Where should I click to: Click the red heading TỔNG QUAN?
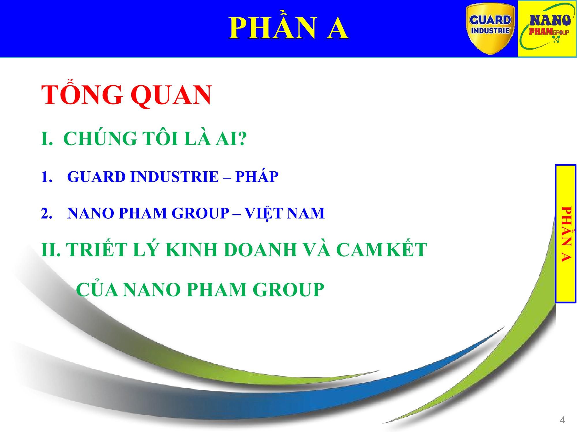(x=126, y=95)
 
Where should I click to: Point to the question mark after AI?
(x=242, y=139)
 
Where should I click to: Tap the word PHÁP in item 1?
(x=257, y=177)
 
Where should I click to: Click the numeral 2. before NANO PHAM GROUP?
(x=46, y=213)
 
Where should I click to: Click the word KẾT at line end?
(x=406, y=249)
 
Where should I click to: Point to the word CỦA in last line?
(x=97, y=289)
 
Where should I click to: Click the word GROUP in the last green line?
(x=288, y=289)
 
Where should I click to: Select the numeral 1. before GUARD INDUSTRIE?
(x=46, y=177)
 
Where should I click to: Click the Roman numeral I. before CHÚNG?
(x=46, y=139)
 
